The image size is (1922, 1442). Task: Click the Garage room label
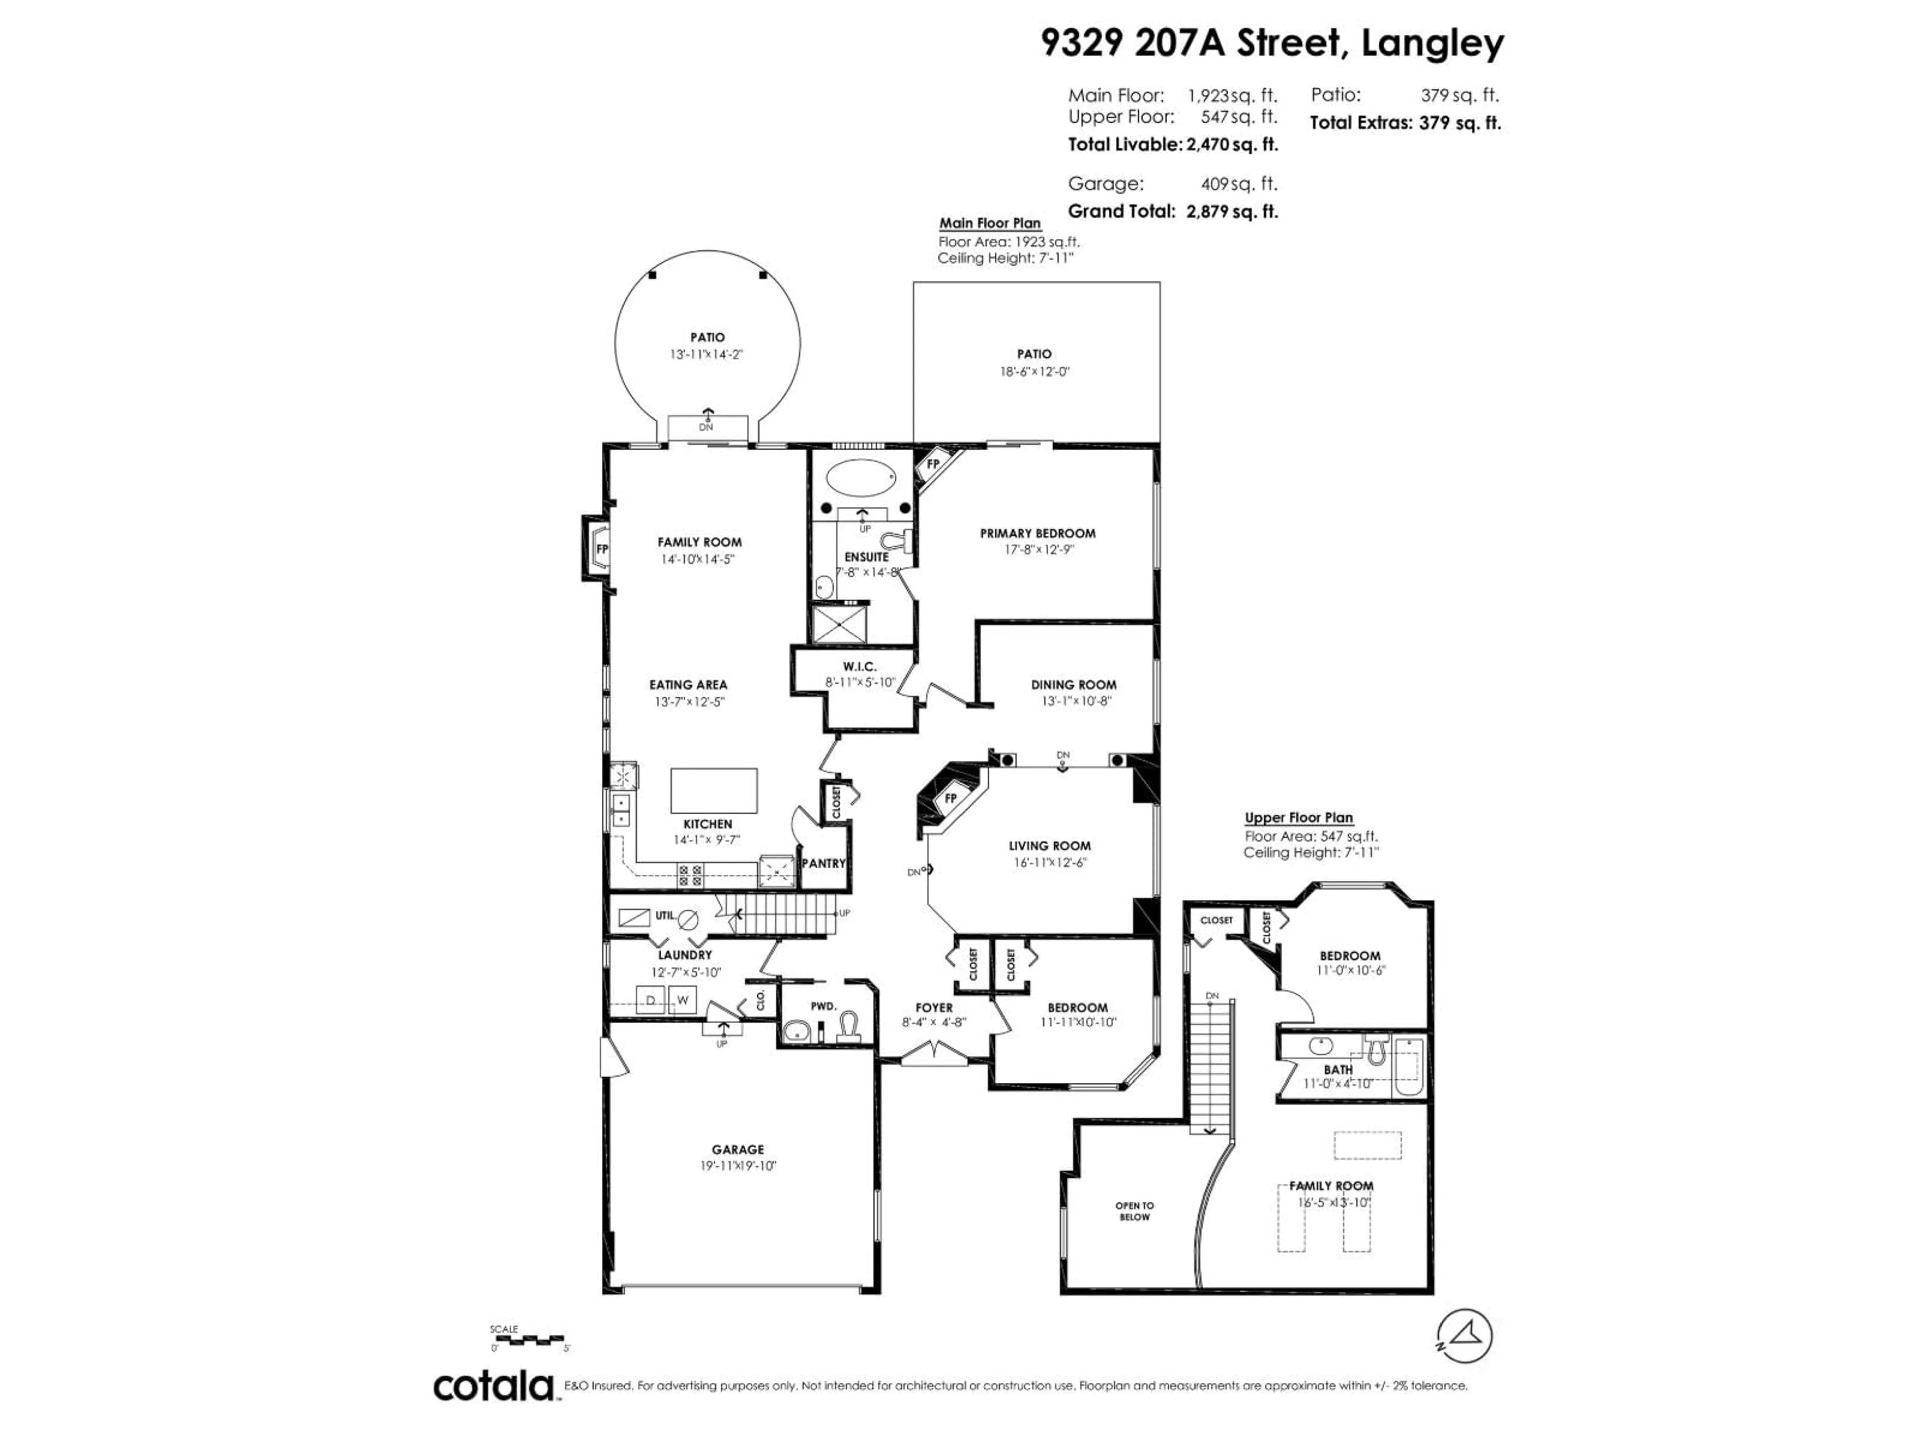coord(738,1149)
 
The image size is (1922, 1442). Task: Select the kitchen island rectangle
coord(713,790)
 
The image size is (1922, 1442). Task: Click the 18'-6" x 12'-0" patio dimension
coord(1034,371)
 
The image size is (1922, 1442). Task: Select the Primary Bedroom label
coord(1038,533)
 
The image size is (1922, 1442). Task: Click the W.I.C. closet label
coord(859,667)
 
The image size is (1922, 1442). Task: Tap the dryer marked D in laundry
coord(650,1000)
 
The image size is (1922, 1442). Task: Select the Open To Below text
coord(1134,1211)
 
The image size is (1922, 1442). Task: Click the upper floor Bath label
coord(1338,1069)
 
